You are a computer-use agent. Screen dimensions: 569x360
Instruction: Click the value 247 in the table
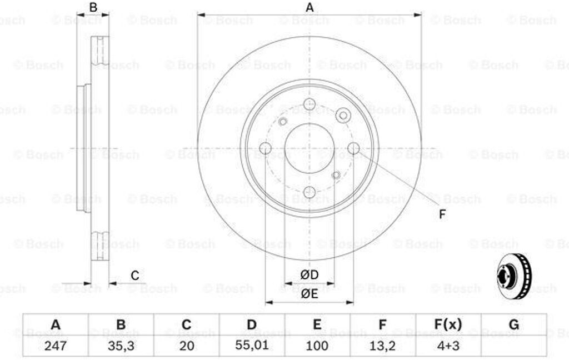[55, 346]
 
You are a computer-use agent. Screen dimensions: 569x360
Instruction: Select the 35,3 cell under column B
[121, 346]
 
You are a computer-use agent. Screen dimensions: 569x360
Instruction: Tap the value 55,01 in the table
[252, 345]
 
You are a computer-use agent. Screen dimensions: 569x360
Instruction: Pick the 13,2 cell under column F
[382, 346]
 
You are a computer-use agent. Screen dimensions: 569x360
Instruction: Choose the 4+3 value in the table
[448, 346]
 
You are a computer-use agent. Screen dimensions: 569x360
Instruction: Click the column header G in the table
[514, 324]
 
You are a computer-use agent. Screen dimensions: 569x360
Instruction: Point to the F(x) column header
[448, 324]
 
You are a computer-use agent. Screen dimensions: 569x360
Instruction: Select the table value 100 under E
[317, 346]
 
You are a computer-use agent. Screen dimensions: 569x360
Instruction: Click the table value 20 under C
[187, 346]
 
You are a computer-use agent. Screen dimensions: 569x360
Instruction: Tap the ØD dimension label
[309, 274]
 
